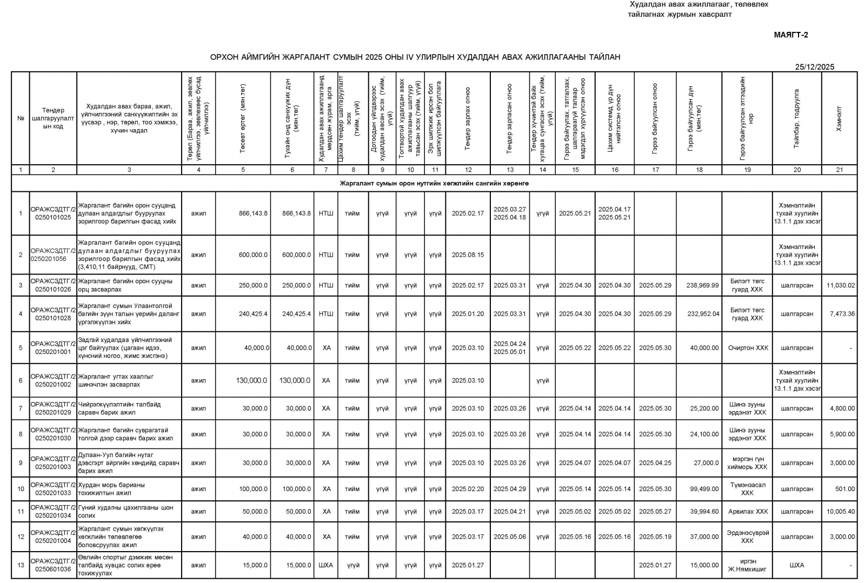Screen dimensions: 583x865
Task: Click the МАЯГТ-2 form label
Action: coord(790,35)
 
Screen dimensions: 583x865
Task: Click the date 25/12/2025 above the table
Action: coord(814,67)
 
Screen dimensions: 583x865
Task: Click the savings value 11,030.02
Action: coord(840,285)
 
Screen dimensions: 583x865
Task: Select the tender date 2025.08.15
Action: coord(468,255)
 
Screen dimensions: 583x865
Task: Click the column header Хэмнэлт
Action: coord(839,119)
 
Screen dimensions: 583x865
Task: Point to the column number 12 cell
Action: coord(468,170)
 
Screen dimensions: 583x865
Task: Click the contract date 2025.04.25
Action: coord(655,463)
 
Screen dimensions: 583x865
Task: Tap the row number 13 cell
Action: coord(21,565)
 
